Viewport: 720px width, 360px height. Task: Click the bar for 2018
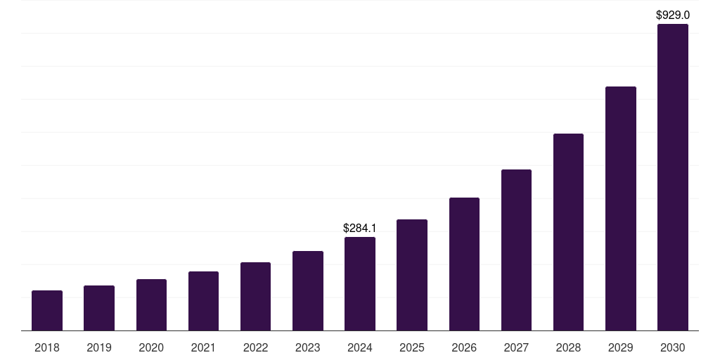pyautogui.click(x=47, y=310)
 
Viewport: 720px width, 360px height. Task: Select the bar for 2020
pyautogui.click(x=151, y=304)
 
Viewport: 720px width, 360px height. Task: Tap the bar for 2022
pyautogui.click(x=255, y=296)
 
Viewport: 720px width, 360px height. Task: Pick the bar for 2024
pyautogui.click(x=360, y=283)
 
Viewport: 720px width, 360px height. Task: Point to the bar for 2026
pyautogui.click(x=464, y=264)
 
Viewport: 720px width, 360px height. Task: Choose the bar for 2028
pyautogui.click(x=568, y=232)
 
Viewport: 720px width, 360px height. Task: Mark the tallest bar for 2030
pyautogui.click(x=672, y=177)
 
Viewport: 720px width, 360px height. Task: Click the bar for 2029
pyautogui.click(x=620, y=208)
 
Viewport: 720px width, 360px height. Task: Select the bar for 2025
pyautogui.click(x=412, y=275)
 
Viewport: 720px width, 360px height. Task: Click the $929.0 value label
pyautogui.click(x=672, y=15)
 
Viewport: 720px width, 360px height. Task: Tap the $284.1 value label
pyautogui.click(x=360, y=228)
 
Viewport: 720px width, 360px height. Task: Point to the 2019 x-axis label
pyautogui.click(x=99, y=347)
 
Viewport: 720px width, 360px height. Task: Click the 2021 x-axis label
pyautogui.click(x=203, y=347)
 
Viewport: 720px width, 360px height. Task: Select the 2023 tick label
pyautogui.click(x=307, y=347)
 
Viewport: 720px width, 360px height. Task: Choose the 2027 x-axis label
pyautogui.click(x=516, y=347)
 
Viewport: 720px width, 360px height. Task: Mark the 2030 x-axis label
pyautogui.click(x=672, y=347)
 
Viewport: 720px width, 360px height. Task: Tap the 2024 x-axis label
pyautogui.click(x=360, y=347)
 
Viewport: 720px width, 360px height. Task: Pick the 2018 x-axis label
pyautogui.click(x=47, y=347)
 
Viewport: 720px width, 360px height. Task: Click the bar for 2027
pyautogui.click(x=516, y=250)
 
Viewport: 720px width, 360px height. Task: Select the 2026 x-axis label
pyautogui.click(x=464, y=347)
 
